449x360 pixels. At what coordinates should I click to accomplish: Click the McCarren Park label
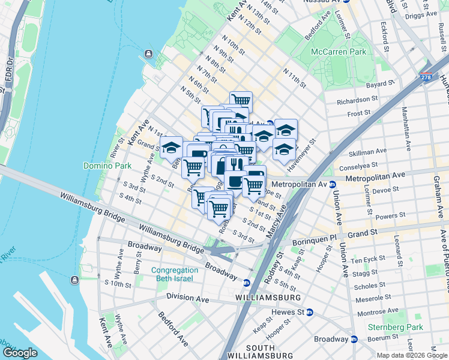tap(338, 52)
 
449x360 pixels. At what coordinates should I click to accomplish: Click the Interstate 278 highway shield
tap(425, 79)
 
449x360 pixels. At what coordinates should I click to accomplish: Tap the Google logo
tap(20, 353)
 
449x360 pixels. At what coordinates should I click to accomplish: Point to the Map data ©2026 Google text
tap(411, 355)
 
